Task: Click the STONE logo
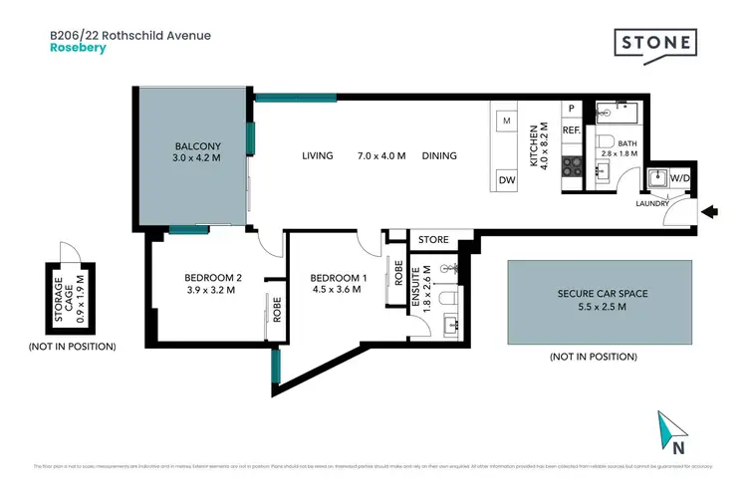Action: (654, 43)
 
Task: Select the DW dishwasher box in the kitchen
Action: (506, 180)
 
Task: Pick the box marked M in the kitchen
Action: (506, 122)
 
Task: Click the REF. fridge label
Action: (572, 130)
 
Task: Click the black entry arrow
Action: (709, 211)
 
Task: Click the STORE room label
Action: (432, 240)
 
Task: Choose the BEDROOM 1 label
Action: (338, 278)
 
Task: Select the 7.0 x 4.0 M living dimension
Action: (381, 155)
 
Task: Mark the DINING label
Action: (439, 155)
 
